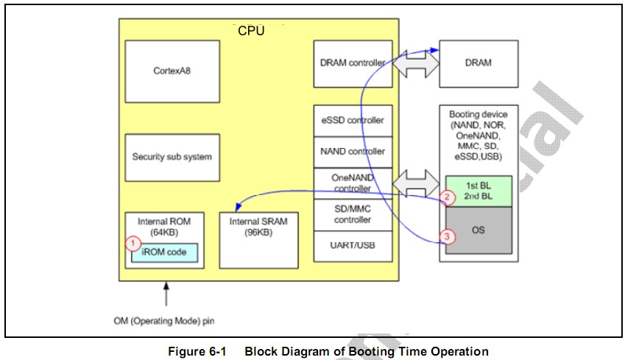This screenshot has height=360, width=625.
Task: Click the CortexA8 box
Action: tap(172, 71)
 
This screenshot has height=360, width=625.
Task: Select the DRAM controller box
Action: tap(351, 63)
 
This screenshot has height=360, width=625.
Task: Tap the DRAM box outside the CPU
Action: tap(478, 63)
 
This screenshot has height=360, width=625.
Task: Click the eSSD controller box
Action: tap(351, 120)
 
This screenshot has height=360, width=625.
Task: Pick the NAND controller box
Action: tap(351, 152)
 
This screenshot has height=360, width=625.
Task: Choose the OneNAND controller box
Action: tap(351, 183)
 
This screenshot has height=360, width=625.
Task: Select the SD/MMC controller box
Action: tap(351, 214)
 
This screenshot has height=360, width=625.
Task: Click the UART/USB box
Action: tap(351, 245)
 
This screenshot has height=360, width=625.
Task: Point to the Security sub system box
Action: tap(172, 157)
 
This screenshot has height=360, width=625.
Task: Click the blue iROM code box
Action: tap(165, 253)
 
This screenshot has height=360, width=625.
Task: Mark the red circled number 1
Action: tap(133, 241)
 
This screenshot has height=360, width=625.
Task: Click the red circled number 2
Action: tap(447, 197)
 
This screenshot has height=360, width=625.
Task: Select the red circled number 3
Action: tap(447, 236)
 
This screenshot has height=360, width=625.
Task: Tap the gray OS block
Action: tap(478, 230)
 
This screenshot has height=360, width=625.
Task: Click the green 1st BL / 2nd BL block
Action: tap(478, 191)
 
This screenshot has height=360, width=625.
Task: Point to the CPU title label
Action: tap(251, 31)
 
